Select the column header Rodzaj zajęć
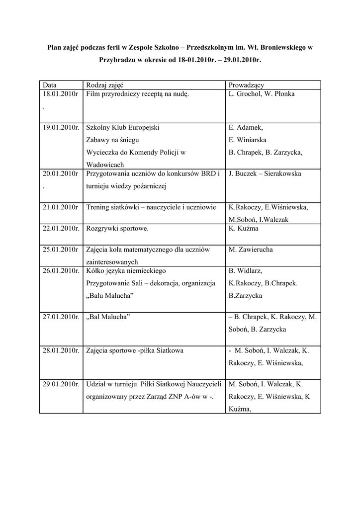click(x=105, y=85)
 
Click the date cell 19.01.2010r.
click(x=61, y=127)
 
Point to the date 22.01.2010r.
click(x=61, y=229)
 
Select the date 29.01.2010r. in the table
click(x=61, y=384)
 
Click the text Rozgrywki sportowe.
click(x=117, y=229)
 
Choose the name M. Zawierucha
click(x=251, y=250)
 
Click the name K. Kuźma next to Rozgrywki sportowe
click(x=242, y=229)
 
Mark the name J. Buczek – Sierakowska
click(x=265, y=174)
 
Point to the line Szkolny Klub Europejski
click(x=123, y=127)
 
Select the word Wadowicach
click(x=105, y=165)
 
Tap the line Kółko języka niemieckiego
click(x=126, y=271)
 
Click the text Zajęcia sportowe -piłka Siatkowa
click(x=135, y=350)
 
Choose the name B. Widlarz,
click(x=245, y=271)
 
